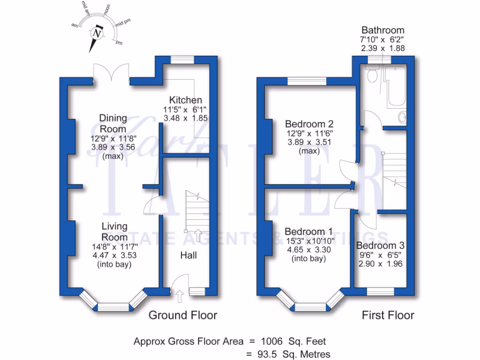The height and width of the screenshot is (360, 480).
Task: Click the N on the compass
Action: click(97, 34)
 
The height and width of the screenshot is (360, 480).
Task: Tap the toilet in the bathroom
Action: click(373, 75)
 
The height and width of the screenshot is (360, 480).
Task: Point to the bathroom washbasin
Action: click(402, 117)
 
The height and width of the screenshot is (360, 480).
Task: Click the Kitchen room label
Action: click(186, 100)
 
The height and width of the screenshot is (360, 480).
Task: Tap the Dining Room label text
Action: click(113, 123)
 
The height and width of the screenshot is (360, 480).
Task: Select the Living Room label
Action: click(115, 232)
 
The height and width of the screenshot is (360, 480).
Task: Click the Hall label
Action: click(188, 255)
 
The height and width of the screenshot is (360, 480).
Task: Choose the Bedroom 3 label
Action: click(380, 246)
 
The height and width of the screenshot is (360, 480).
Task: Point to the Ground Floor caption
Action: click(183, 315)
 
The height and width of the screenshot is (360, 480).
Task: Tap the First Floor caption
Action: click(388, 315)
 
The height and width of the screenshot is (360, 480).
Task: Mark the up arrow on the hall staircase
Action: click(198, 235)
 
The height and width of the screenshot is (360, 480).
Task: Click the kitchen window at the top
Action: click(182, 60)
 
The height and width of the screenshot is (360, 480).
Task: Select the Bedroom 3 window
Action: click(380, 292)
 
